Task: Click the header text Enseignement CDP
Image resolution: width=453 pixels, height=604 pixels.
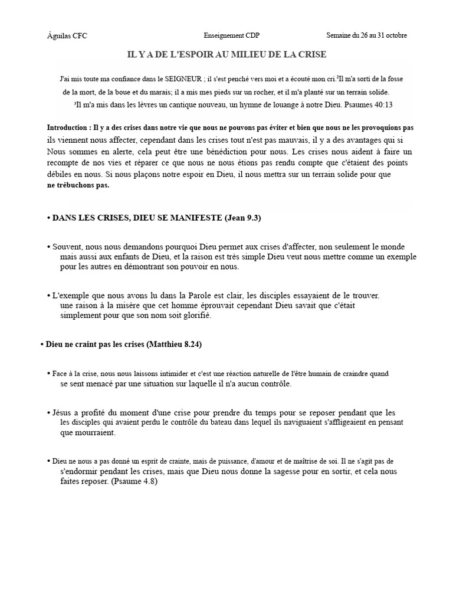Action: click(228, 35)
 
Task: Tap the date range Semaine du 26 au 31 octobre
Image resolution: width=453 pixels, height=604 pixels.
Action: click(366, 35)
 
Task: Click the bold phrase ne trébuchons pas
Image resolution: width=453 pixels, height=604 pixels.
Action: click(78, 185)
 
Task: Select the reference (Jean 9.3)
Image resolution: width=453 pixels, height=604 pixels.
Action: click(242, 218)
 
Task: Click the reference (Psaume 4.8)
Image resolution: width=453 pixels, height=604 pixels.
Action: click(134, 481)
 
